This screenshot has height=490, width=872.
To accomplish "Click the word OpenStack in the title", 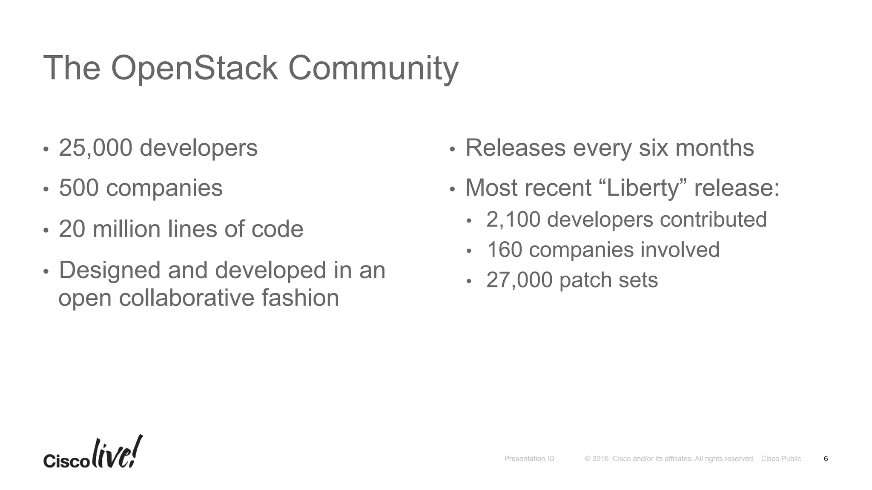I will pyautogui.click(x=194, y=68).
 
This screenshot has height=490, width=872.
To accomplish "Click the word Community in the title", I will pyautogui.click(x=373, y=68).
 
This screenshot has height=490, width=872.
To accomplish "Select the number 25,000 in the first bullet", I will pyautogui.click(x=95, y=148).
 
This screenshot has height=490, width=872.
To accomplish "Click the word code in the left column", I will pyautogui.click(x=277, y=229).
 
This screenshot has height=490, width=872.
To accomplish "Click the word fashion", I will pyautogui.click(x=300, y=297).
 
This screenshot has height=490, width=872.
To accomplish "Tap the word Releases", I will pyautogui.click(x=516, y=148).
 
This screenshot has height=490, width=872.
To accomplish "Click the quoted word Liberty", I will pyautogui.click(x=643, y=188).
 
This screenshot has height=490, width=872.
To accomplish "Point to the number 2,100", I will pyautogui.click(x=513, y=219).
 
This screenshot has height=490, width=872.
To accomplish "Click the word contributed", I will pyautogui.click(x=713, y=219).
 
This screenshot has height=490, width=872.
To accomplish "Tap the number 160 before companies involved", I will pyautogui.click(x=504, y=250).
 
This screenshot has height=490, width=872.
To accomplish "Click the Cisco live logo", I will pyautogui.click(x=93, y=453).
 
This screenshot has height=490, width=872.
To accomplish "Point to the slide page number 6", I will pyautogui.click(x=826, y=459).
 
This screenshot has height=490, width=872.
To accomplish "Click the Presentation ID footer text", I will pyautogui.click(x=529, y=459).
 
